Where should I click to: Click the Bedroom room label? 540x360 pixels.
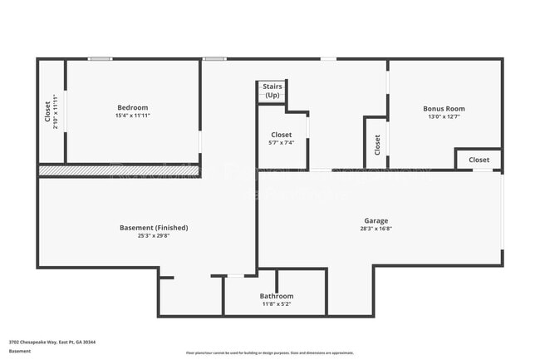coord(133,107)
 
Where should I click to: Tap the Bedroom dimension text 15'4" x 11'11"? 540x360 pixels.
coord(133,116)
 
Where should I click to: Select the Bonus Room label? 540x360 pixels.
coord(444,108)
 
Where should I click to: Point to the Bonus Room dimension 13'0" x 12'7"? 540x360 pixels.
coord(444,116)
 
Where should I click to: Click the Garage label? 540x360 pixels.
coord(375,220)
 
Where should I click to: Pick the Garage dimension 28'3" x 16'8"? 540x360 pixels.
coord(375,229)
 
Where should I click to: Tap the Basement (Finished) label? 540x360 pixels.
coord(154,227)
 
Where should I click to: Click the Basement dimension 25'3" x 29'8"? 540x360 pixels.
coord(154,235)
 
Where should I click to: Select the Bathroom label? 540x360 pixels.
coord(276,296)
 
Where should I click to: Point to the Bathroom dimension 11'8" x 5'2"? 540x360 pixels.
coord(276,304)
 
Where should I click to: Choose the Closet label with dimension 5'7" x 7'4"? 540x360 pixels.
coord(281,135)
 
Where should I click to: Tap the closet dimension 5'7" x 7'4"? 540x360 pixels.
coord(281,143)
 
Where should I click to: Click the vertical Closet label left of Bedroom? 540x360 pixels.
coord(47,112)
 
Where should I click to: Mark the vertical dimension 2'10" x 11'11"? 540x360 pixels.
coord(56,112)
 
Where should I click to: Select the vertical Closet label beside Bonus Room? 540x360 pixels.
coord(376,145)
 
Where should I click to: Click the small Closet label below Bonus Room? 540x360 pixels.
coord(479,160)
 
